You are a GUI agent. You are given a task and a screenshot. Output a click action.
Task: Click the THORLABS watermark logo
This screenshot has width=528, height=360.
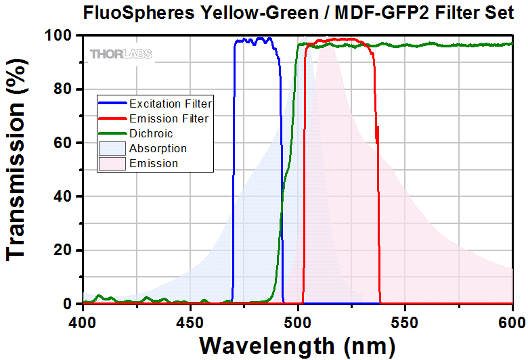[120, 53]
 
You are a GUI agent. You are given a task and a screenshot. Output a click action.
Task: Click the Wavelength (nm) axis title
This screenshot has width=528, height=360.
[297, 345]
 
